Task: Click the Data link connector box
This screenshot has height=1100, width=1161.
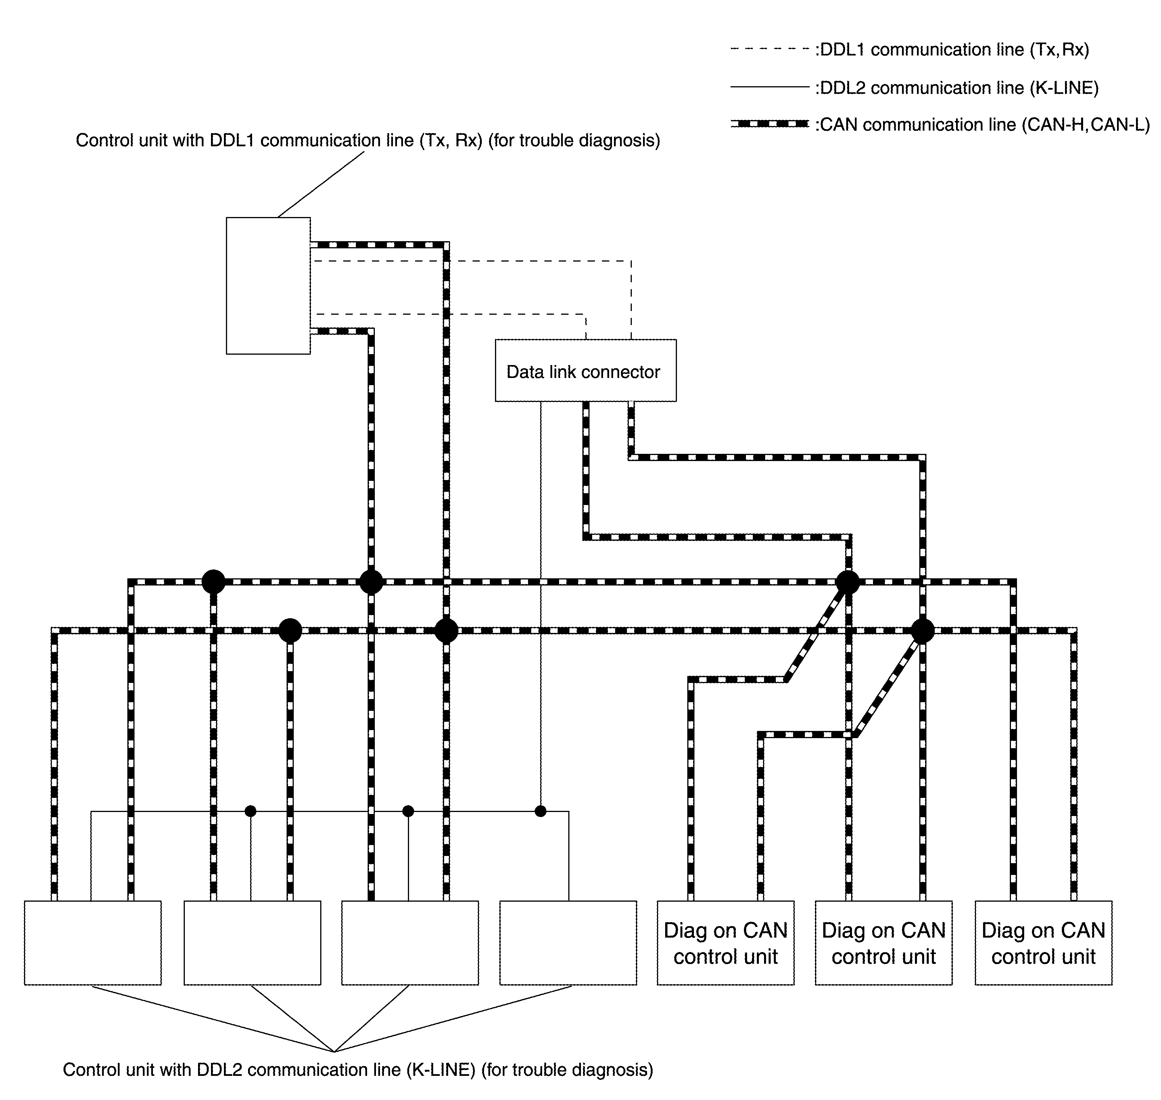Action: coord(585,370)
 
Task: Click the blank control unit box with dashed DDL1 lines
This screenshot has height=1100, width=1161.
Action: coord(268,285)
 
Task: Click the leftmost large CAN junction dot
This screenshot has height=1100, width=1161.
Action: coord(214,582)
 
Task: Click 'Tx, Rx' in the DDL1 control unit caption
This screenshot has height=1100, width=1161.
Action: coord(449,141)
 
